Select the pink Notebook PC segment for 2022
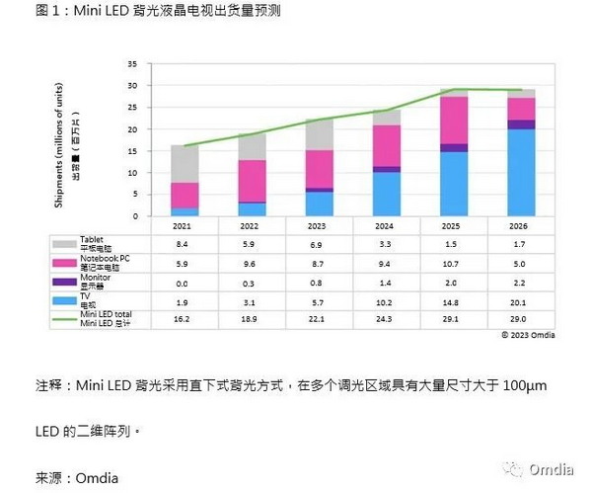253,181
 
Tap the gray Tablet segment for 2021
185,164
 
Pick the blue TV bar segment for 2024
387,195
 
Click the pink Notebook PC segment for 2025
454,120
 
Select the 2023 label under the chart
320,225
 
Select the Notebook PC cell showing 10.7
454,264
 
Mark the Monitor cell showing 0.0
184,283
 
